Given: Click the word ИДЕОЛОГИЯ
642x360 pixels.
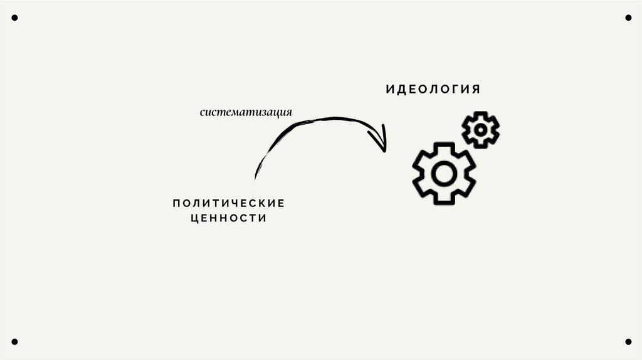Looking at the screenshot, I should (433, 89).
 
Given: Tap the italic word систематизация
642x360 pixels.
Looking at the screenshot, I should (246, 113).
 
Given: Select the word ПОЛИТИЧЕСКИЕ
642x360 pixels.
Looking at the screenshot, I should (228, 203).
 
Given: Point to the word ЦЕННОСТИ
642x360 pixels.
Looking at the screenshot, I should (228, 218).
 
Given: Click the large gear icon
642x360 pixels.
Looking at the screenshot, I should (444, 172).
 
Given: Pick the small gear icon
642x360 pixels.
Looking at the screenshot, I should (480, 130).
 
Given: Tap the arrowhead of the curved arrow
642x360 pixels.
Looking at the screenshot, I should (381, 142).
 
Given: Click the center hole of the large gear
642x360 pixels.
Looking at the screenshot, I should (444, 173).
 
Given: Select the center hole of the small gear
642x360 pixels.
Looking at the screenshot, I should (480, 130).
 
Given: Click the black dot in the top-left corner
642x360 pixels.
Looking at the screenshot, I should (14, 18).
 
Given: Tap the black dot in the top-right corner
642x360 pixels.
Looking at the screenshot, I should (628, 18).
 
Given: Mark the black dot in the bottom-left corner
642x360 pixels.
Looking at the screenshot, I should (14, 342).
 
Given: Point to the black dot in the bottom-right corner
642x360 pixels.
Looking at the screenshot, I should (628, 342).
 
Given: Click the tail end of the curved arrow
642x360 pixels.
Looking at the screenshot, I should (255, 179).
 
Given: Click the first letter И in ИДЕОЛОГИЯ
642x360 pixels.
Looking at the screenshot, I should (389, 89).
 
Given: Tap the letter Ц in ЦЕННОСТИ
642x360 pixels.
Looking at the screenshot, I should (194, 218).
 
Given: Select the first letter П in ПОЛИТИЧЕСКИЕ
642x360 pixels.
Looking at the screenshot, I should (176, 203).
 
